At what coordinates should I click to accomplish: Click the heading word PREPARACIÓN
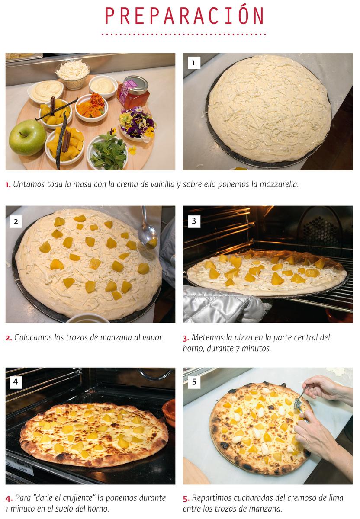184,16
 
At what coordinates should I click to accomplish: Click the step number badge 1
193,63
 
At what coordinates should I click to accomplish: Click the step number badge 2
16,221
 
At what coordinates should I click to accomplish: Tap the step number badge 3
193,221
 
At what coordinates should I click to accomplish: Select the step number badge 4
16,382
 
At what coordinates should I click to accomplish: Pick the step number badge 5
193,382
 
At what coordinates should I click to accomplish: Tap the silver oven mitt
221,305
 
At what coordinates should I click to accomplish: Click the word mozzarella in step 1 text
279,184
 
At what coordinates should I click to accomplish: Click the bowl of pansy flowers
138,123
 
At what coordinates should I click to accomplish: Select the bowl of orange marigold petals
92,107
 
